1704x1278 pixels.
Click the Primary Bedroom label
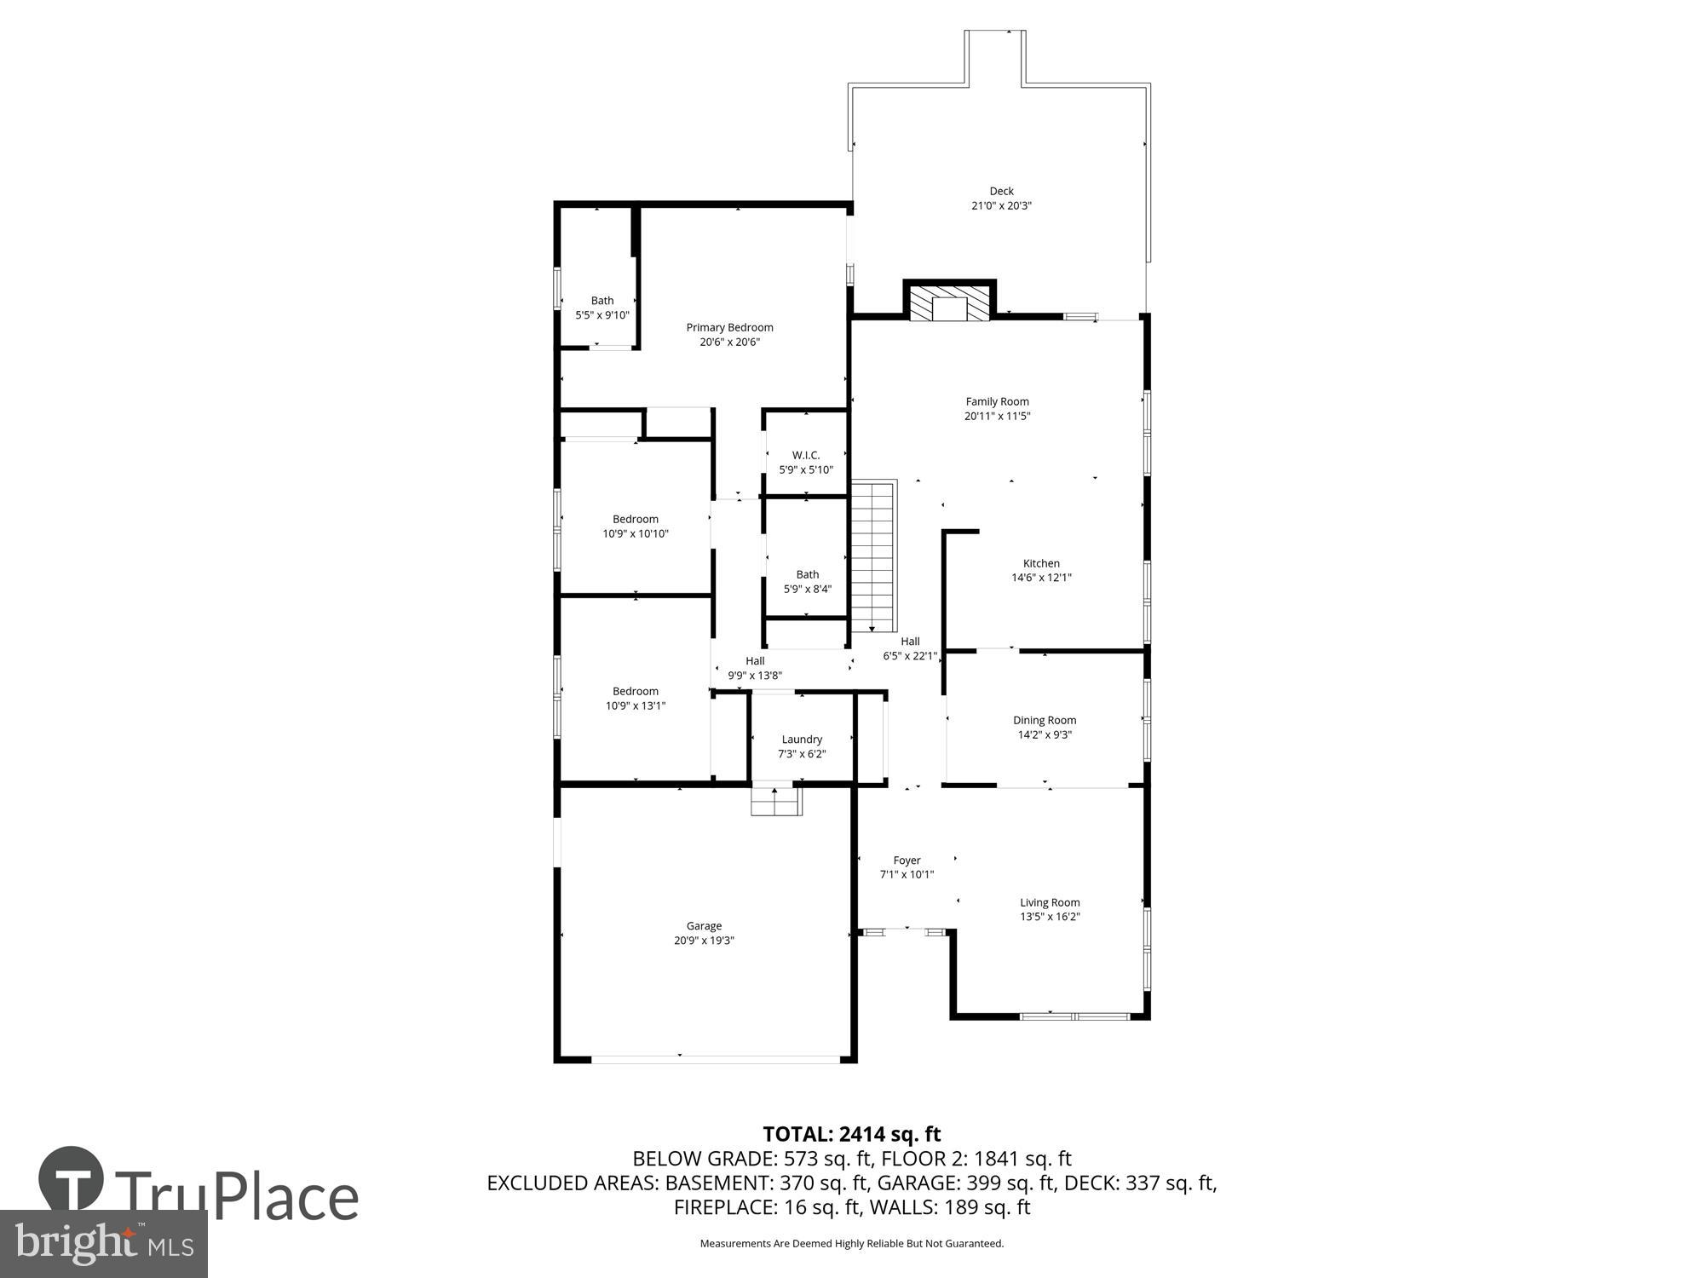pos(729,327)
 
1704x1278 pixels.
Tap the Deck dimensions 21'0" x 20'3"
pos(1001,205)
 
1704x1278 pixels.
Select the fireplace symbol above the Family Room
pos(949,304)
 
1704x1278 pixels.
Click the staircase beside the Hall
pos(874,555)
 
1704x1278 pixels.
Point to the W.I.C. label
pos(805,455)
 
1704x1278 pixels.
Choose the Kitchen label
pos(1041,563)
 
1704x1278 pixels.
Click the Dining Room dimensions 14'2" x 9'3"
pos(1045,734)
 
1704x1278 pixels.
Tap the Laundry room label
pos(802,740)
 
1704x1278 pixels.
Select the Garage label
pos(704,926)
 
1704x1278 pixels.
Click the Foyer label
pos(907,861)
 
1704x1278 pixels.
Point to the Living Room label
pos(1050,902)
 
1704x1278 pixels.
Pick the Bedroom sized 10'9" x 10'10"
pos(636,527)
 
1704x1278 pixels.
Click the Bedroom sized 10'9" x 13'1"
pos(636,699)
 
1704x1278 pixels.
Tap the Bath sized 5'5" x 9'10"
pos(602,308)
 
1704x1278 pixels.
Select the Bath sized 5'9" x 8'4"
pos(808,582)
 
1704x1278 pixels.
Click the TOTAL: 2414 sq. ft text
pos(851,1134)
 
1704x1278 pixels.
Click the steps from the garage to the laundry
pos(776,802)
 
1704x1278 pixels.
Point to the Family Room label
pos(997,401)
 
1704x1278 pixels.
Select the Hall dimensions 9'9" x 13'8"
pos(755,676)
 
